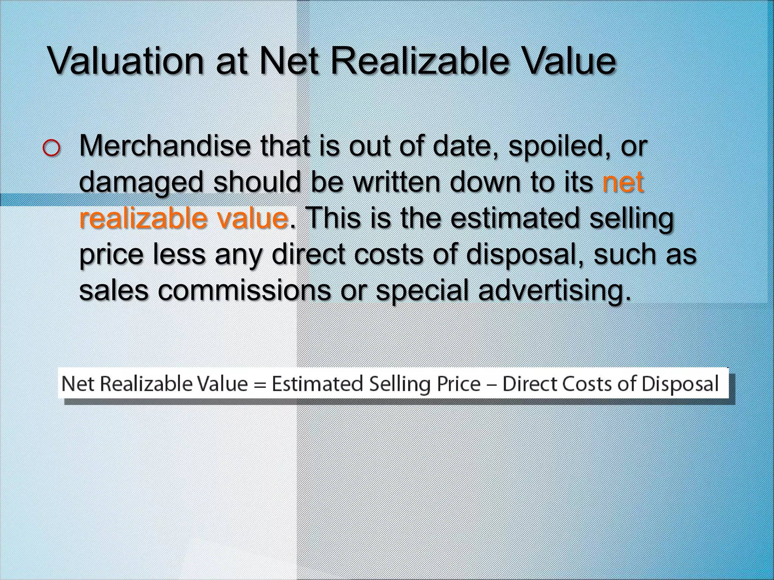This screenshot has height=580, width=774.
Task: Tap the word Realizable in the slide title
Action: [x=419, y=61]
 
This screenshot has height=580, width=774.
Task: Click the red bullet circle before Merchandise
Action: [x=51, y=148]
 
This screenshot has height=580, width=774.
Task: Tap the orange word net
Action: [x=623, y=182]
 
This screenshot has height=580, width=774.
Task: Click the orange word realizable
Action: [x=143, y=218]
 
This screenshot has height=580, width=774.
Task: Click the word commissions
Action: [x=244, y=290]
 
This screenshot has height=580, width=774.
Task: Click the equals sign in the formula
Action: [x=260, y=384]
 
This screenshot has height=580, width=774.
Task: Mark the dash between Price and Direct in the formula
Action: [x=491, y=384]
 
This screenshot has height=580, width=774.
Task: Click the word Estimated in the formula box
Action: [x=317, y=384]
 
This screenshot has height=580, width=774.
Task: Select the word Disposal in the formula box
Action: [x=680, y=384]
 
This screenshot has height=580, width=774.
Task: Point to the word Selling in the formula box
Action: [x=400, y=384]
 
